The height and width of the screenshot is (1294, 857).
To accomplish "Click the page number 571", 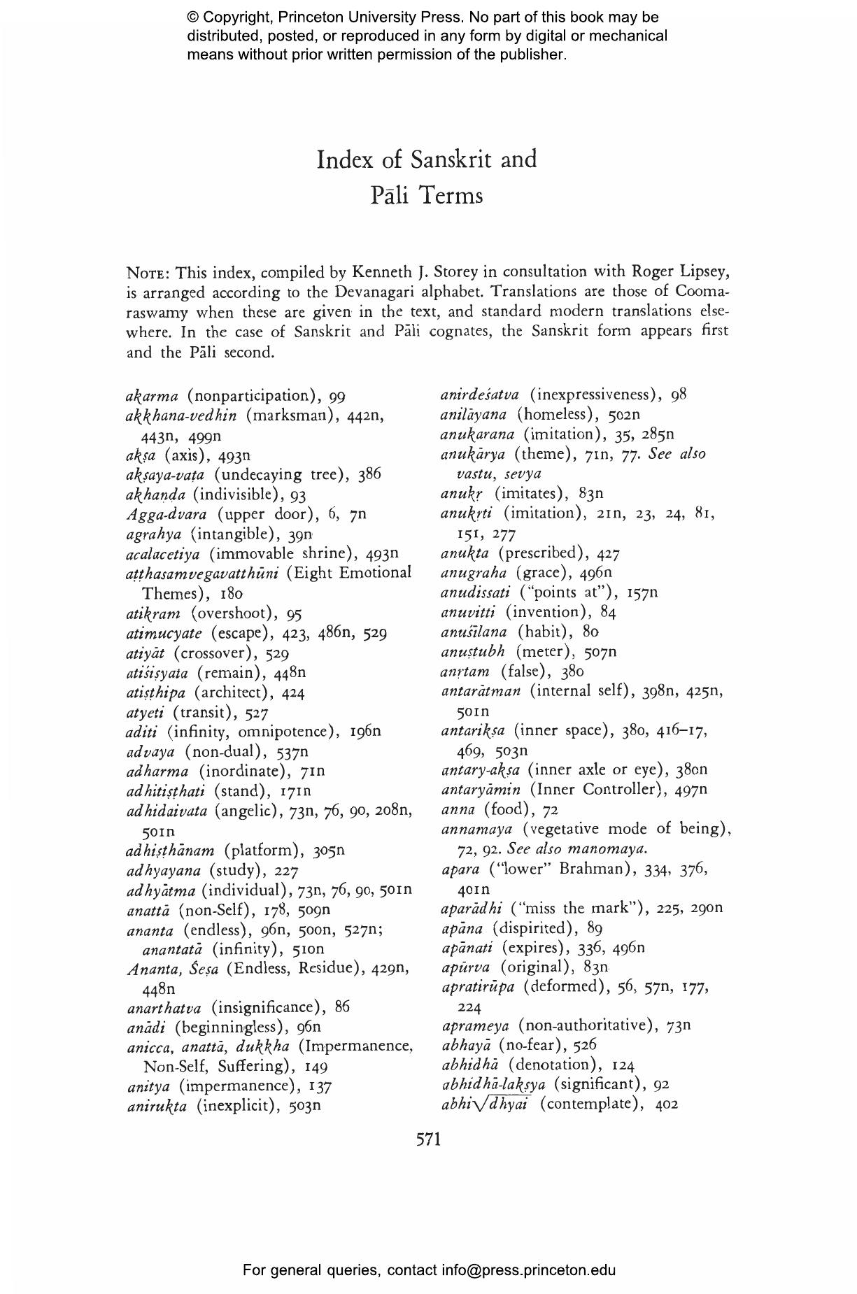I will [428, 1139].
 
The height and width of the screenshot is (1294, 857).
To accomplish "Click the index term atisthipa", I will [156, 693].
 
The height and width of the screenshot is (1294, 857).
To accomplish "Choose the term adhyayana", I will [164, 871].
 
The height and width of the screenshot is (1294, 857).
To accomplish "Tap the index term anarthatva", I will [164, 1008].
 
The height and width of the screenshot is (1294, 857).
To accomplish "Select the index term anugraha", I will [474, 574].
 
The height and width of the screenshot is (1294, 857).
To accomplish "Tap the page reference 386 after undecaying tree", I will [369, 474].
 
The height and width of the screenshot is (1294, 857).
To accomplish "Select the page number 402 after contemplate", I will [667, 1104].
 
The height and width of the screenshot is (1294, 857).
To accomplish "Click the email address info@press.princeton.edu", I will [528, 1270].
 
